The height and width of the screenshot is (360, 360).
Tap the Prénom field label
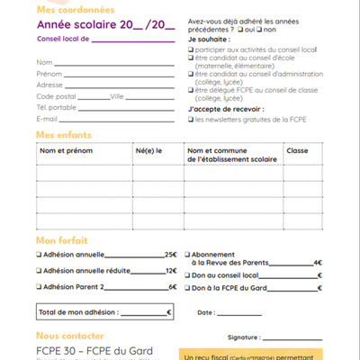pyautogui.click(x=49, y=73)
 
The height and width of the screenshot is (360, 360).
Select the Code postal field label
pyautogui.click(x=56, y=95)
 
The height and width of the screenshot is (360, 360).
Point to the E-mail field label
pyautogui.click(x=48, y=118)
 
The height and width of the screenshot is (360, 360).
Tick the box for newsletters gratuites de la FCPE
pyautogui.click(x=191, y=119)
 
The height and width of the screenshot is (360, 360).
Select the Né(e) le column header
pyautogui.click(x=148, y=151)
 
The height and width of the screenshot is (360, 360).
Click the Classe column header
pyautogui.click(x=297, y=151)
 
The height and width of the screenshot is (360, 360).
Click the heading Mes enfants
pyautogui.click(x=63, y=133)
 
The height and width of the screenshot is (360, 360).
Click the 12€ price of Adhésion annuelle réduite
pyautogui.click(x=170, y=271)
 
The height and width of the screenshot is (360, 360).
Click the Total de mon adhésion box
pyautogui.click(x=103, y=312)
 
